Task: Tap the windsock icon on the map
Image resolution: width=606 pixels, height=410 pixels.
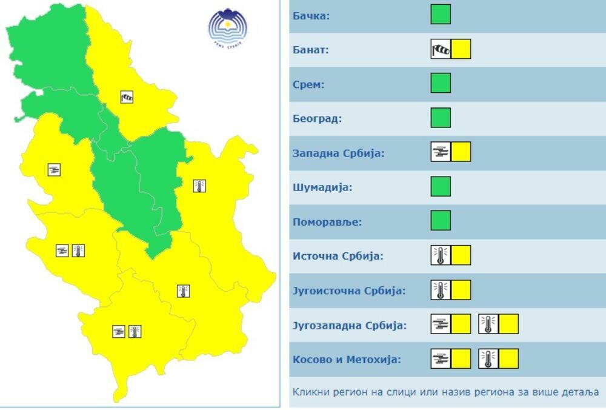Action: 127,97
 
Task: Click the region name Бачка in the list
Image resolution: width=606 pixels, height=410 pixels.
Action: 311,15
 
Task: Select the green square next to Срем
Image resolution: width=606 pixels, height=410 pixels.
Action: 441,83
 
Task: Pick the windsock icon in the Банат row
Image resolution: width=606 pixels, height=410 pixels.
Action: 441,49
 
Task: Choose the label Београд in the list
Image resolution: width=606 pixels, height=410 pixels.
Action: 317,118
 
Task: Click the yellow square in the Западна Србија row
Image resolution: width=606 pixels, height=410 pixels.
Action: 461,152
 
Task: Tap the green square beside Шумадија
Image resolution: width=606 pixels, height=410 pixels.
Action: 441,186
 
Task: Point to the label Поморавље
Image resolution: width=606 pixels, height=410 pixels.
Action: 327,221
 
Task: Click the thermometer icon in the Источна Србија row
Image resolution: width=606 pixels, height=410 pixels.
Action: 441,255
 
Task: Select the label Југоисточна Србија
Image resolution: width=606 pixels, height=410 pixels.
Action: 348,290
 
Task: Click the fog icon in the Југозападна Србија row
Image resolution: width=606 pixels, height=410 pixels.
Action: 441,324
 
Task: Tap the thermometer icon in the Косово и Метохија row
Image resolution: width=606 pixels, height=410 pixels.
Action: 488,359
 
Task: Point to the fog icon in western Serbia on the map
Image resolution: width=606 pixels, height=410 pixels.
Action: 54,170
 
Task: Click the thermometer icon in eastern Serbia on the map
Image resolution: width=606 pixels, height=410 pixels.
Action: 199,186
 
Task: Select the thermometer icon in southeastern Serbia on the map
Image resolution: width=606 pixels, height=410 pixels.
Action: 183,291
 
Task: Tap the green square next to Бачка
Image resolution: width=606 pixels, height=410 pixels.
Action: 441,15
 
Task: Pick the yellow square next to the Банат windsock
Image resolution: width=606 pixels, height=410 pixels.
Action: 461,49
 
